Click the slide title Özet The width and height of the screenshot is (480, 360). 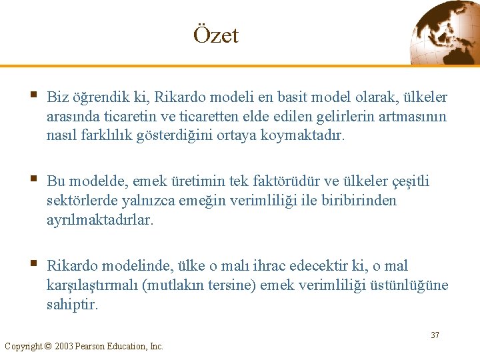pyautogui.click(x=215, y=35)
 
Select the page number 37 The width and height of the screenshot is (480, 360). pyautogui.click(x=435, y=335)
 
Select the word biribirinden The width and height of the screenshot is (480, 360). pyautogui.click(x=357, y=201)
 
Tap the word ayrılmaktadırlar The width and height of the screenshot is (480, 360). pyautogui.click(x=100, y=220)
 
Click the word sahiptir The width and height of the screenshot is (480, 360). pyautogui.click(x=72, y=305)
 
